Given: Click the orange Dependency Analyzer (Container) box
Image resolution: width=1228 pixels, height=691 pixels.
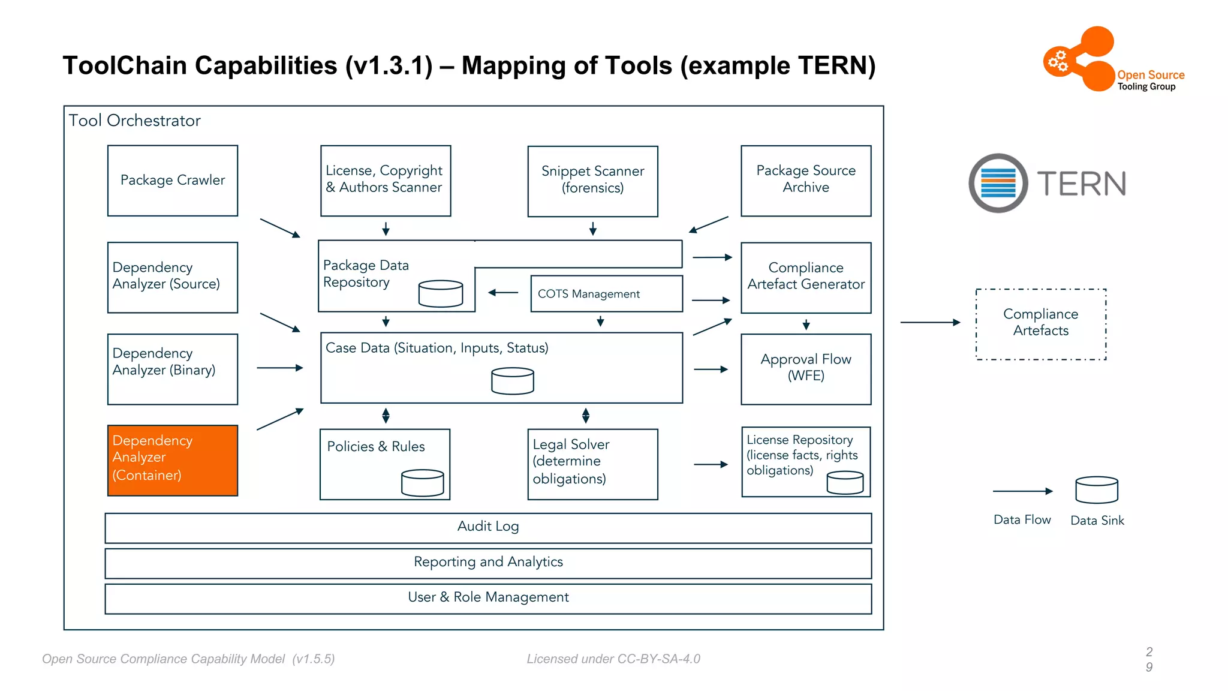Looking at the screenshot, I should point(173,460).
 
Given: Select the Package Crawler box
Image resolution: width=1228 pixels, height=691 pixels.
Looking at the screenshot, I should point(173,181).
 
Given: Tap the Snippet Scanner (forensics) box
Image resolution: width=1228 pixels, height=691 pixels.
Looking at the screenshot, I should point(592,181).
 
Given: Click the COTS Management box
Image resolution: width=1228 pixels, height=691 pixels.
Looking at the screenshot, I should point(606,294).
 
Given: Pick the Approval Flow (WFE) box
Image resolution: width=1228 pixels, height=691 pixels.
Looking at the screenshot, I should point(806,369).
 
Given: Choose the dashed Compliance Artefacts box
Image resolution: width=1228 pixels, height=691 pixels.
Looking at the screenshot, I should point(1040,324).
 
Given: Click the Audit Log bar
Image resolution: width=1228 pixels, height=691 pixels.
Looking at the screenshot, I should point(488,527).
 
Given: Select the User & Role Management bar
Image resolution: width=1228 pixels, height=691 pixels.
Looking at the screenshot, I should point(488,598).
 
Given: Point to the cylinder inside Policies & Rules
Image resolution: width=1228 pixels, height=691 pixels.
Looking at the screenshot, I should point(422,483).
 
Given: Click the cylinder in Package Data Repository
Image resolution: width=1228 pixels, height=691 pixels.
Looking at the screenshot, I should point(441,293).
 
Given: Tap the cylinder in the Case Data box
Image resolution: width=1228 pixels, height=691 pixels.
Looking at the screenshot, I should point(512,381).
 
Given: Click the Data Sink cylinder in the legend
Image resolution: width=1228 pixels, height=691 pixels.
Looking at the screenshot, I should point(1097,490).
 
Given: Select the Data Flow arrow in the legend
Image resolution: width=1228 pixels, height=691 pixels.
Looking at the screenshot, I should point(1022,491).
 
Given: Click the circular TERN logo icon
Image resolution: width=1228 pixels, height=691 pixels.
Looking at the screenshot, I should point(998,183).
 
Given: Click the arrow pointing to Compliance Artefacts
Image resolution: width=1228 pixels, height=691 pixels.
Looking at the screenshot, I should point(929,323).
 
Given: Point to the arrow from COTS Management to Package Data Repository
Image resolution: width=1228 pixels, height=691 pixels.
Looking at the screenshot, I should point(503,293).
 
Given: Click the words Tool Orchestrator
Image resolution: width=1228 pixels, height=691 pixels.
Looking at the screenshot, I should point(134,121).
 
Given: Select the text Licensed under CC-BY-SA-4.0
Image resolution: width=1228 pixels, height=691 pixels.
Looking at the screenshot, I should point(613,659).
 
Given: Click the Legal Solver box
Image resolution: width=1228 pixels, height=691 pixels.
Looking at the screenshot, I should point(592,464).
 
